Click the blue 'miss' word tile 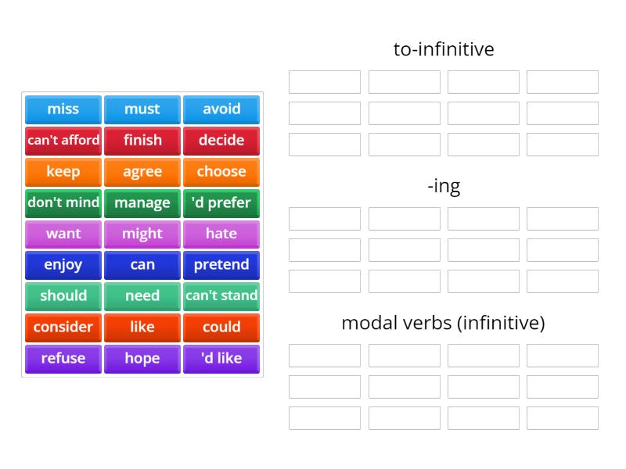(x=63, y=109)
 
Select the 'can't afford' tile (x=63, y=141)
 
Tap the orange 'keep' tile (x=63, y=172)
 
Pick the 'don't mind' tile (x=63, y=203)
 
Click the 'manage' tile (x=142, y=203)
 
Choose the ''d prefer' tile (x=221, y=203)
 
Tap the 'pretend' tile (x=221, y=265)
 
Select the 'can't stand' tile (x=221, y=296)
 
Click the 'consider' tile (x=63, y=328)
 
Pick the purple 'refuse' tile (x=63, y=359)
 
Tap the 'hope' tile (x=142, y=359)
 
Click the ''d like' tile (x=221, y=359)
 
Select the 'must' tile (x=142, y=109)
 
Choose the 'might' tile (x=142, y=234)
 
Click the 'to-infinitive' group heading (x=444, y=49)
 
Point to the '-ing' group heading (x=444, y=187)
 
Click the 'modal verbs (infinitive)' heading (x=444, y=323)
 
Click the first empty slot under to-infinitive (x=325, y=82)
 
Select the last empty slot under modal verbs (x=563, y=418)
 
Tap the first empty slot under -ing (x=325, y=219)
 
